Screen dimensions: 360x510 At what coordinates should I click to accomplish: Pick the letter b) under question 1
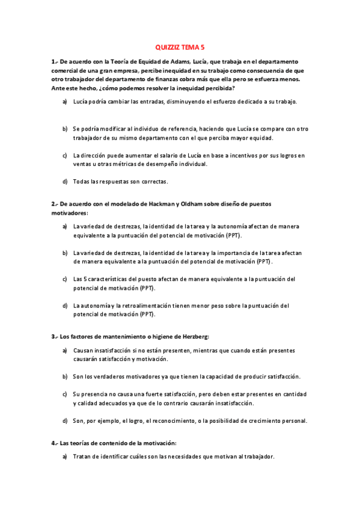(65, 129)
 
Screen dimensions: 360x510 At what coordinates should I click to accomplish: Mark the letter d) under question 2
(65, 306)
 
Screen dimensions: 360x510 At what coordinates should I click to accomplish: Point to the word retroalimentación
(139, 306)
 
